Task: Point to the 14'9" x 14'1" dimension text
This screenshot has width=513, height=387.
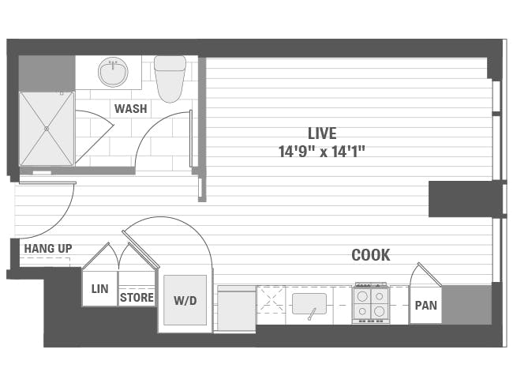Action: (x=322, y=151)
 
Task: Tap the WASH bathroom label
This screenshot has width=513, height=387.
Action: (x=130, y=108)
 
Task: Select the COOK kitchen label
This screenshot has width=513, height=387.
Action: (x=370, y=255)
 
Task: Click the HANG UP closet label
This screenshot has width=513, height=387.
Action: (x=47, y=249)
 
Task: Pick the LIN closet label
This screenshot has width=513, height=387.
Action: (x=99, y=289)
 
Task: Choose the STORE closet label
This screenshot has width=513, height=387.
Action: (x=137, y=298)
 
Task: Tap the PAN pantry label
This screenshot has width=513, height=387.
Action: (x=425, y=305)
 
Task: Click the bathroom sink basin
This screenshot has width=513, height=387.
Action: (x=113, y=73)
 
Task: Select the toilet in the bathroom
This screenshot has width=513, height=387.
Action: (x=169, y=77)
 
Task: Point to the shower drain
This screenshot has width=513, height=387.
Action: (x=47, y=128)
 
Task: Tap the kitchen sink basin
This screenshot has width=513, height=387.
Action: (x=309, y=303)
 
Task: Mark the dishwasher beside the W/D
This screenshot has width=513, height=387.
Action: (x=236, y=309)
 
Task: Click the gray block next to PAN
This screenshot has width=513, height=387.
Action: (x=466, y=305)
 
